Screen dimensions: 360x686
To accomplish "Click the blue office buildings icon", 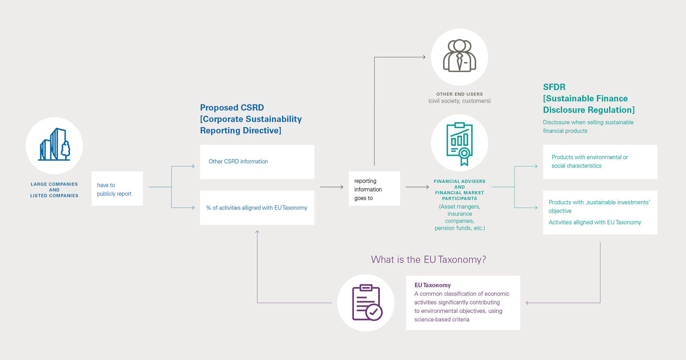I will click(54, 145).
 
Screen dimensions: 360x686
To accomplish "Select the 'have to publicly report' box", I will click(117, 189).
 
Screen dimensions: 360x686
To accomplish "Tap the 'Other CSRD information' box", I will click(257, 162).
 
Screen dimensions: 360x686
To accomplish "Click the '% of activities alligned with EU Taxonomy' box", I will click(257, 208).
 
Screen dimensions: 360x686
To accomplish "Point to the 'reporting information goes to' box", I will click(374, 189).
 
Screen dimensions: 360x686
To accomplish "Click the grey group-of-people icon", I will click(459, 56).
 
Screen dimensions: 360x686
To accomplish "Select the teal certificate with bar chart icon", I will click(459, 143).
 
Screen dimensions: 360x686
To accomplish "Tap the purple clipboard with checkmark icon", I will click(366, 302).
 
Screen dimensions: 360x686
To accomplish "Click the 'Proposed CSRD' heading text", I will click(232, 107).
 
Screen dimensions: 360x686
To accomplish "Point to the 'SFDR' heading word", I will click(554, 87).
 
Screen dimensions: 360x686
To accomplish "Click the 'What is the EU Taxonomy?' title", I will click(428, 260).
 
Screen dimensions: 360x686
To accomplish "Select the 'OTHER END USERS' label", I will click(459, 94).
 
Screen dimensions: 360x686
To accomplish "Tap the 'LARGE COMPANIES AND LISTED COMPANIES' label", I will click(54, 190).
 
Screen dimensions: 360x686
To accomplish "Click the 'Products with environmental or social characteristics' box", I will click(600, 162).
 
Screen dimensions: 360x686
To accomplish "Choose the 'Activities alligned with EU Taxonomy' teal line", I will click(595, 222).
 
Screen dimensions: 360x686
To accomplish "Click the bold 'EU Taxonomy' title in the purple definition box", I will click(432, 285).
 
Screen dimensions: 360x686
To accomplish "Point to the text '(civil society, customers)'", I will click(459, 101).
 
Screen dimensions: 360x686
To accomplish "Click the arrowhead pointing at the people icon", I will click(424, 57).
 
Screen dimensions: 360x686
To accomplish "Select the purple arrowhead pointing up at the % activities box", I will click(257, 232).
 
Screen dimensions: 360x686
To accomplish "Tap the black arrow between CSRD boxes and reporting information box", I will click(331, 187).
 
